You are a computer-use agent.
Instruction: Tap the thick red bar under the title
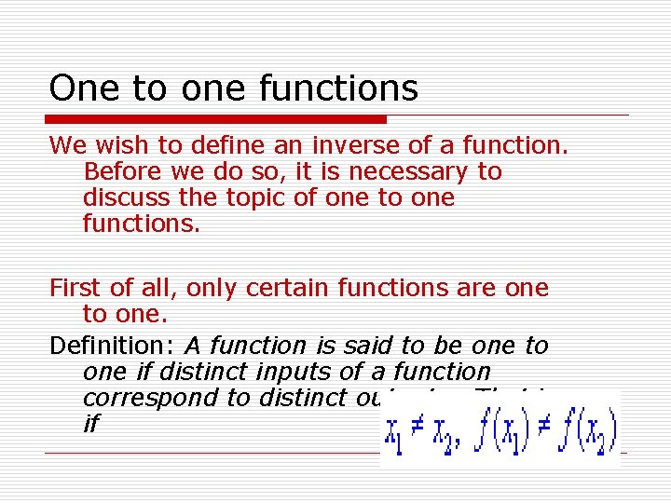(216, 119)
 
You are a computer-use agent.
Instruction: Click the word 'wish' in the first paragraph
(115, 145)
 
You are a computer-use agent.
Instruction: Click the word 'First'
(73, 289)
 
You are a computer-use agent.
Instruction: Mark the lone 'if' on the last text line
(90, 424)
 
